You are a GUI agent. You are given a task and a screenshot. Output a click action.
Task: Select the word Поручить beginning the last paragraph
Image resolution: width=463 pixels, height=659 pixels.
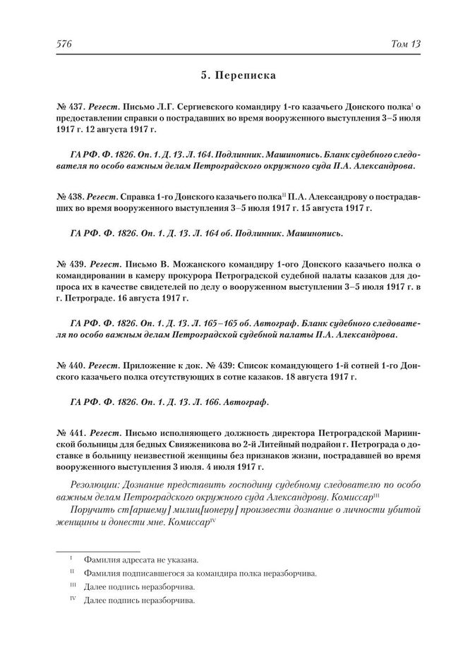coord(95,510)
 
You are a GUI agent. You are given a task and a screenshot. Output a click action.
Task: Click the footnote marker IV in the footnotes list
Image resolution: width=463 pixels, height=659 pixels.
coord(72,600)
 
